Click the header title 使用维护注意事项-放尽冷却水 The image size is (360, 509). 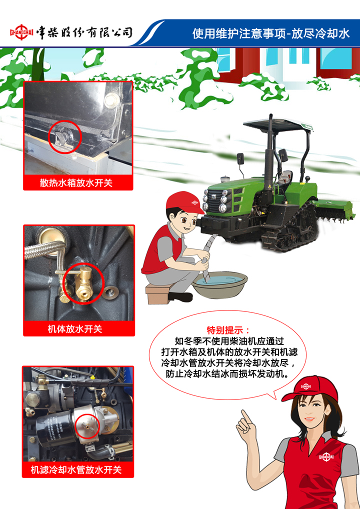tap(270, 33)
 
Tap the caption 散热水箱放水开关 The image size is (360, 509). tap(76, 183)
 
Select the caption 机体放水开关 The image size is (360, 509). tap(75, 329)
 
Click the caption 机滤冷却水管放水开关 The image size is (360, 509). tap(76, 469)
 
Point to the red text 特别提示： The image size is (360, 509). tap(229, 330)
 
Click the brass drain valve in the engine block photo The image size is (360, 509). tap(83, 282)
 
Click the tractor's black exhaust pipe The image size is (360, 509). tap(269, 154)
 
